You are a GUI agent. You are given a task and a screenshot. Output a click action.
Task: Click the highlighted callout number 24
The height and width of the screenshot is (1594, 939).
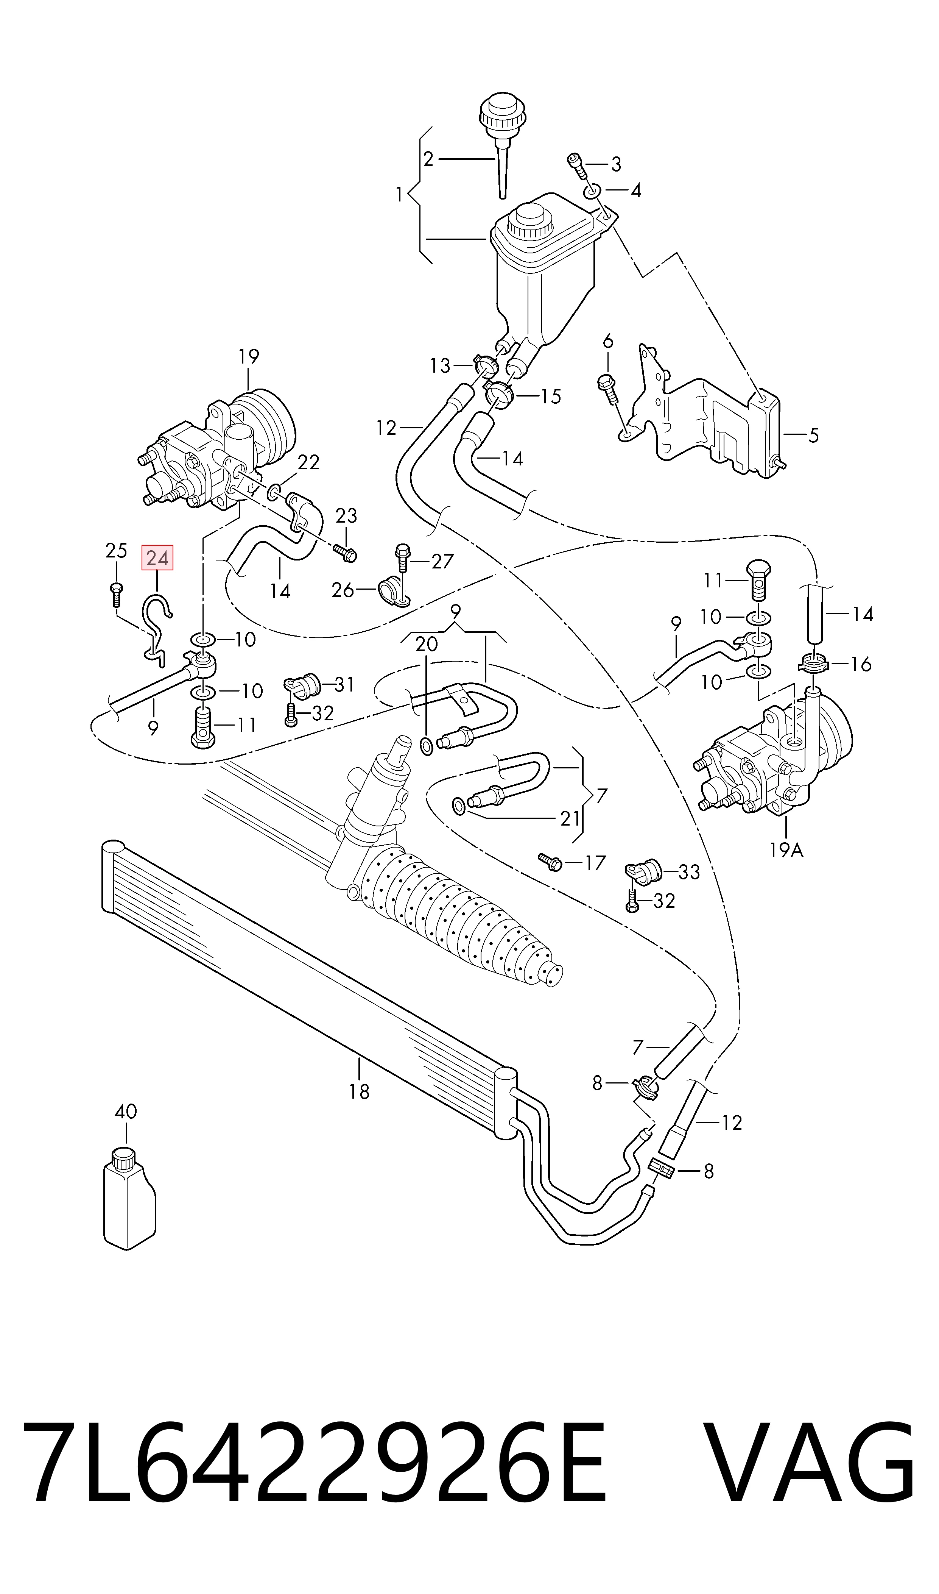point(157,558)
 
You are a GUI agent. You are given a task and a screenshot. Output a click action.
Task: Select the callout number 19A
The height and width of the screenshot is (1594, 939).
point(786,849)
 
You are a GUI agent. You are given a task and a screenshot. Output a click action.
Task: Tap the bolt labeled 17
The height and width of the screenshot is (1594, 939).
point(550,861)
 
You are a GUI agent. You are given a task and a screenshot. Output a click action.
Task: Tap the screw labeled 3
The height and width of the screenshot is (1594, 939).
point(576,163)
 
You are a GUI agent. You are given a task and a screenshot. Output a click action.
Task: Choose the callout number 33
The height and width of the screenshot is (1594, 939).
point(689,872)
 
